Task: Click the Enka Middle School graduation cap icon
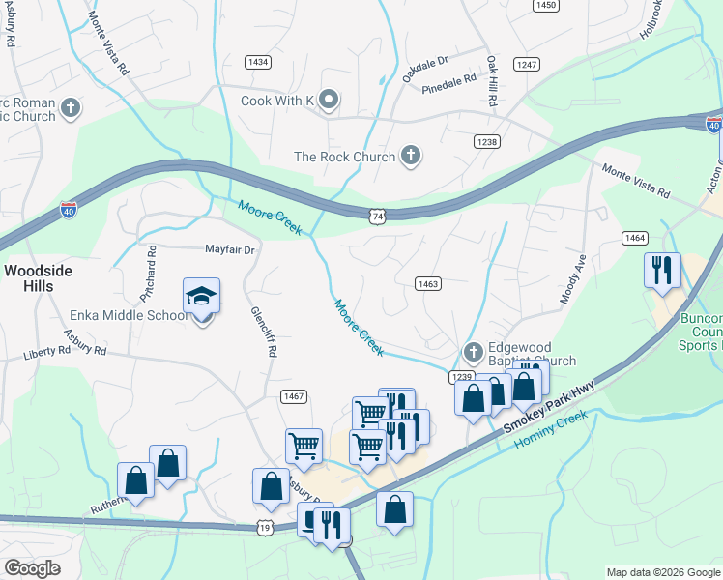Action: point(202,296)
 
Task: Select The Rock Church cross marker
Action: point(411,156)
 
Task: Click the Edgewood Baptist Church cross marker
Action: point(473,352)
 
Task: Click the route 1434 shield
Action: point(258,62)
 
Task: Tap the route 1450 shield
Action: point(545,5)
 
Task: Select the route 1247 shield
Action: point(527,64)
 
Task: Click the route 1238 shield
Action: point(487,141)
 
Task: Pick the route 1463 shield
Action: point(429,283)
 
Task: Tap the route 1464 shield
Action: point(635,237)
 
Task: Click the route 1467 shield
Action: point(294,395)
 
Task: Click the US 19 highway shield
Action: point(264,527)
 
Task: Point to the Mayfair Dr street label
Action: point(229,249)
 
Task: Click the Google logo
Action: point(32,568)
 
